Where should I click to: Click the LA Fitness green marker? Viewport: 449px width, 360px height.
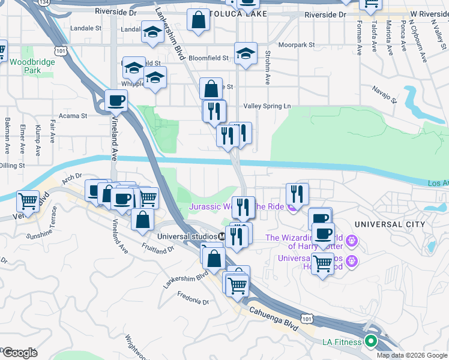(370, 343)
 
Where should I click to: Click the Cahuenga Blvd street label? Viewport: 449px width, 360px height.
(273, 317)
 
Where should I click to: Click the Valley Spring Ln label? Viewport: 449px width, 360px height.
(267, 106)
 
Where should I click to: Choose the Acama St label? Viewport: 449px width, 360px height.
(73, 115)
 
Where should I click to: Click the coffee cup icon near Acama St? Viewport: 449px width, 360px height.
(116, 100)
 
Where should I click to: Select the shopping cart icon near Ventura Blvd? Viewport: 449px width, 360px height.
(28, 200)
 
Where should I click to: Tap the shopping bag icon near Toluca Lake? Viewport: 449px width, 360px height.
(198, 20)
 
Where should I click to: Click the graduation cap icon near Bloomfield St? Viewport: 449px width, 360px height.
(245, 53)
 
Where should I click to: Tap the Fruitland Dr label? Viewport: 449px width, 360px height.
(158, 248)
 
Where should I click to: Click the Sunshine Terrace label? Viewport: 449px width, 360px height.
(53, 222)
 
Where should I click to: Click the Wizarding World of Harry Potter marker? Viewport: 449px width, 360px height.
(352, 242)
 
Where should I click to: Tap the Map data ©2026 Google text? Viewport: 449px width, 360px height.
(411, 355)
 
